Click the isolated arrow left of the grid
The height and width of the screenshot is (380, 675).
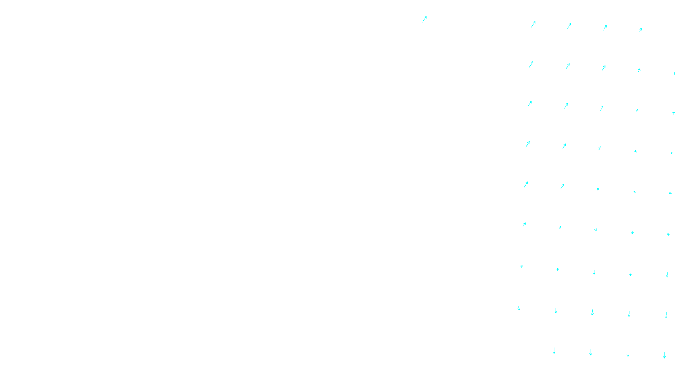pos(424,19)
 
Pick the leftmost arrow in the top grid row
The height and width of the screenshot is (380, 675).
pos(533,24)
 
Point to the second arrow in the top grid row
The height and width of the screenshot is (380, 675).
pos(569,26)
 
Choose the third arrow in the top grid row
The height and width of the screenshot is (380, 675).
pos(605,27)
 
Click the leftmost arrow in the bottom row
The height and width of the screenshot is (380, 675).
pos(554,351)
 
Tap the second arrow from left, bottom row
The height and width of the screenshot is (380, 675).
pos(591,353)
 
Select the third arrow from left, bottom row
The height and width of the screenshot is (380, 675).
pos(628,354)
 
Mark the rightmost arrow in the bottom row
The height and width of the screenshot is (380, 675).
pos(664,356)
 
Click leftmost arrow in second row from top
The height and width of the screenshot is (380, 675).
pos(531,64)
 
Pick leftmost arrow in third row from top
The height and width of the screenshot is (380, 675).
pos(529,104)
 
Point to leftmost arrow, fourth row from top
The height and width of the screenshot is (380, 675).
pos(528,144)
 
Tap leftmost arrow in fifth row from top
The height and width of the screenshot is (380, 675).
pos(526,184)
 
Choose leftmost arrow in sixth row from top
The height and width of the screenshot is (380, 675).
pos(524,225)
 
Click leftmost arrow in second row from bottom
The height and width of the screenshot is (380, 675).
pos(519,308)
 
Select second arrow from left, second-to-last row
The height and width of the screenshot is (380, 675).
pos(556,310)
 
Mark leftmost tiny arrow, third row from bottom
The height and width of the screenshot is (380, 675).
pos(522,266)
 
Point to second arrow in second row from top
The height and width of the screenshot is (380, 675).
pos(567,66)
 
